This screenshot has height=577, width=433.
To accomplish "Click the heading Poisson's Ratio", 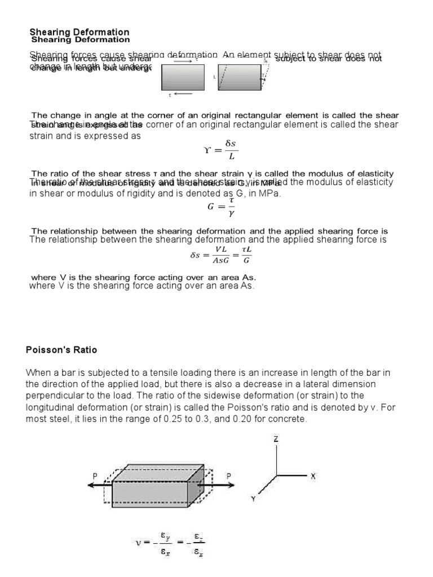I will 61,350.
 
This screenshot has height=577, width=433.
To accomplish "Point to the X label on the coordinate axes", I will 313,476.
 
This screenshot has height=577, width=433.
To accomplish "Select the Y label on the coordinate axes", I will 254,498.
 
